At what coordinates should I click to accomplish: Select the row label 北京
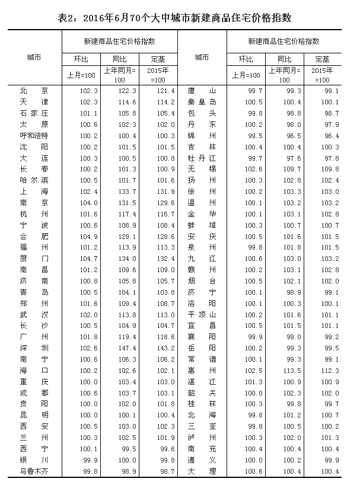click(x=33, y=91)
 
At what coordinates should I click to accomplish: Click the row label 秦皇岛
click(x=202, y=102)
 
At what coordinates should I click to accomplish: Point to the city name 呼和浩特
click(x=33, y=136)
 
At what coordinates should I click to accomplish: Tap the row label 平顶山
click(x=202, y=314)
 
